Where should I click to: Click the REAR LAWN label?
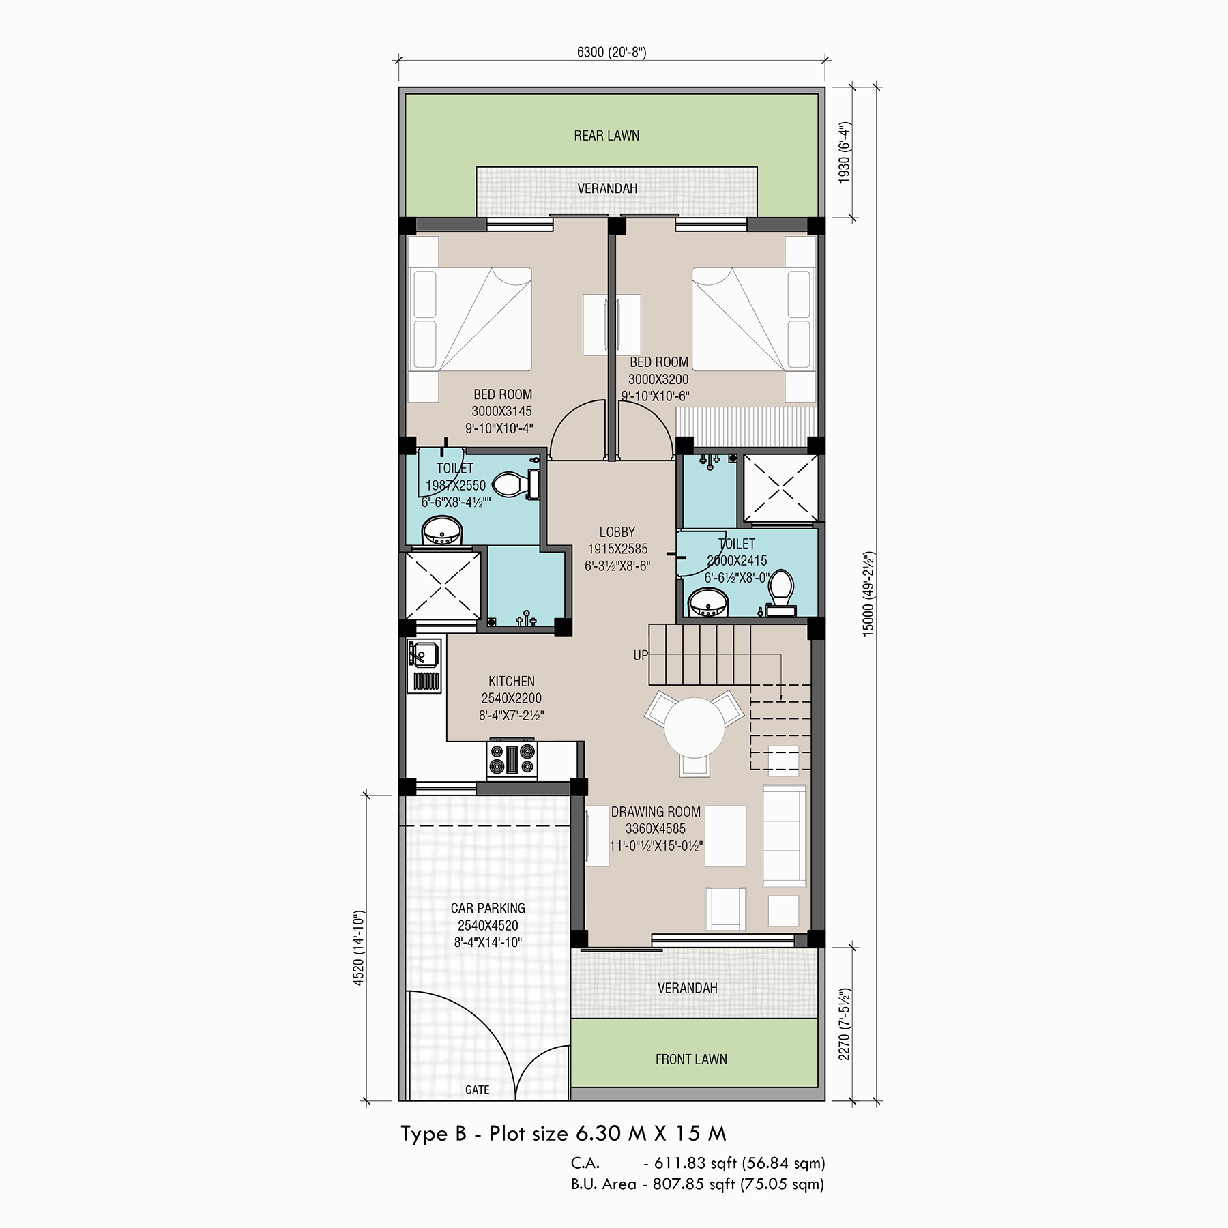click(x=606, y=136)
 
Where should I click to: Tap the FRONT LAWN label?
click(x=691, y=1059)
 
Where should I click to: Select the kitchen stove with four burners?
click(x=512, y=760)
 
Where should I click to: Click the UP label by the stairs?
click(x=641, y=656)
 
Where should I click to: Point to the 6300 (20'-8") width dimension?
click(x=611, y=52)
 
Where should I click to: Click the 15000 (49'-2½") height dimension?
click(x=868, y=594)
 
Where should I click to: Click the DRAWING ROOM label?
click(x=656, y=812)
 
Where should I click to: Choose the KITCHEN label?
click(x=512, y=682)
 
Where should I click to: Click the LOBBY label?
click(x=617, y=532)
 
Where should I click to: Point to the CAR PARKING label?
click(x=488, y=909)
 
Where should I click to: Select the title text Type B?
click(x=434, y=1134)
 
